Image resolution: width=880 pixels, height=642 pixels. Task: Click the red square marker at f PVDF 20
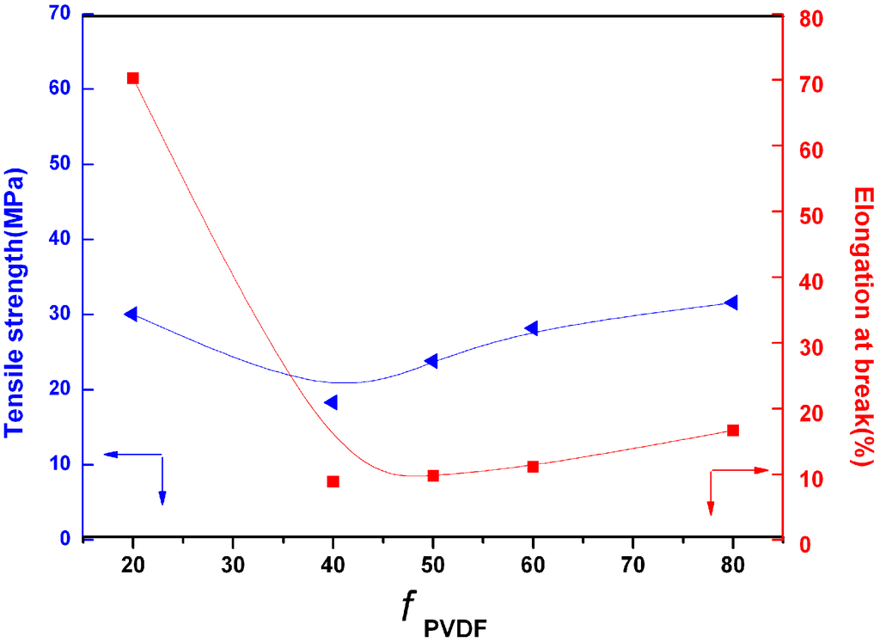[x=133, y=78]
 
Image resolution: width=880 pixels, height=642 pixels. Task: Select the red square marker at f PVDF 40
[x=333, y=481]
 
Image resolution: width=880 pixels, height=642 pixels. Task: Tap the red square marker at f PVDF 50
[x=433, y=475]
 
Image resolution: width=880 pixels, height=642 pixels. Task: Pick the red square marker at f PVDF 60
[x=533, y=467]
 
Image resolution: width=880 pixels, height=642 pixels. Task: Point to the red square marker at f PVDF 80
[x=733, y=430]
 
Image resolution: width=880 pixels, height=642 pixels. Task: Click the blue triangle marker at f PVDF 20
[x=131, y=314]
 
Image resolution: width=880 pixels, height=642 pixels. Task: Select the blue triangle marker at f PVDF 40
[x=331, y=402]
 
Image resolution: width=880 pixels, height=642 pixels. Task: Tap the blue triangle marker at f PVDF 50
[x=431, y=361]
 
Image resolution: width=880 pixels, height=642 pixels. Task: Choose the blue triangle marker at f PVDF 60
[x=531, y=328]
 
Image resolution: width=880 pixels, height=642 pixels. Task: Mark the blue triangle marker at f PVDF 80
[x=731, y=303]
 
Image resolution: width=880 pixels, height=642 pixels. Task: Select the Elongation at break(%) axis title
[x=863, y=327]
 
